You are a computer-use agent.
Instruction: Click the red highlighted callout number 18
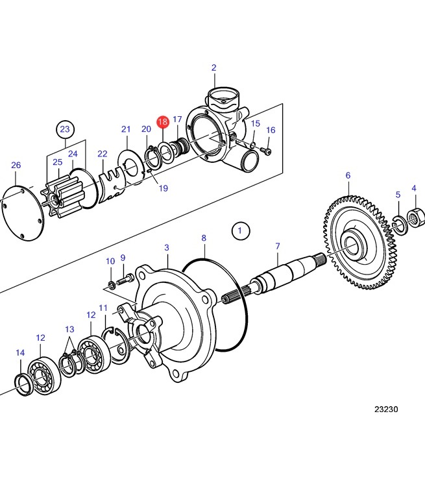(163, 122)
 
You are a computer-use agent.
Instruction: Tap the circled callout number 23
(65, 129)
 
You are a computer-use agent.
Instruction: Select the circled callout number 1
(241, 230)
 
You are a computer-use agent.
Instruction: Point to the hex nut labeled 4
(415, 217)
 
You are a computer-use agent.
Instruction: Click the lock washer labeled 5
(400, 225)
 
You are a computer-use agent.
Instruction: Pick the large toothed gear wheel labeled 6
(360, 243)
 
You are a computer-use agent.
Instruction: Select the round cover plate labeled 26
(21, 212)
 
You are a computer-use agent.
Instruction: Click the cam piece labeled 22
(112, 185)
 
